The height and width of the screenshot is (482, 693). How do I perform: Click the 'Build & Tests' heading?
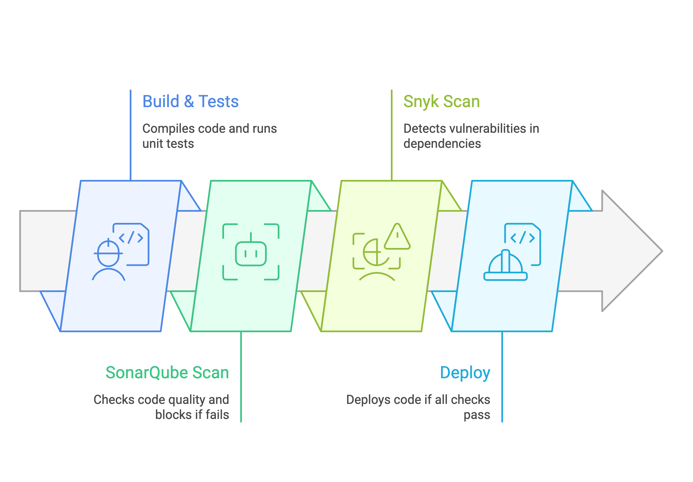pos(191,102)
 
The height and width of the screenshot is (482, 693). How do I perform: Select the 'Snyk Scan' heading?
pos(441,102)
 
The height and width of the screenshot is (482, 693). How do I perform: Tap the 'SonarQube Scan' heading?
pos(167,372)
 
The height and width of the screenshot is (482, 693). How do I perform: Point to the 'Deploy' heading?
pos(465,372)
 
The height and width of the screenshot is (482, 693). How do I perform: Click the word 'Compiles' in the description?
pos(169,129)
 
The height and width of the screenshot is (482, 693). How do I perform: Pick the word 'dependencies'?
pos(442,144)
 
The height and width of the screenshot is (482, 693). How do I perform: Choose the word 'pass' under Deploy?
pos(477,415)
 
